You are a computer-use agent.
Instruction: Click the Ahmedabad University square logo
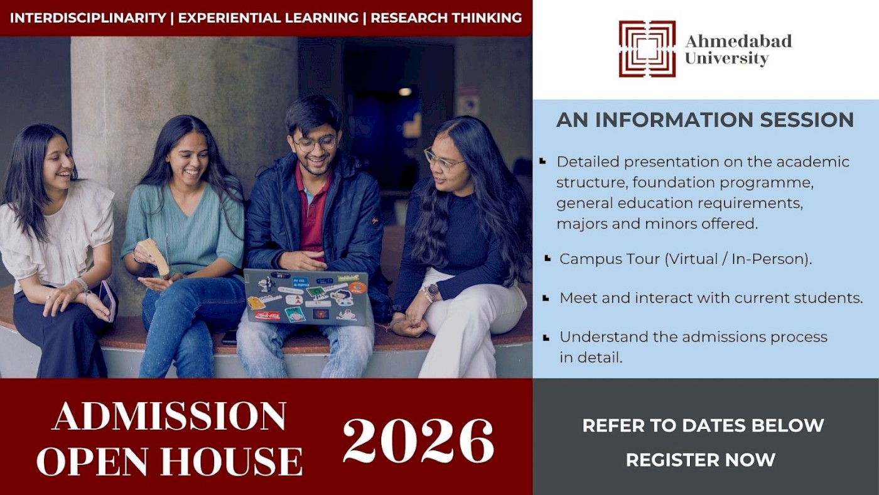647,48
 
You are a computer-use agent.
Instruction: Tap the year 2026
418,440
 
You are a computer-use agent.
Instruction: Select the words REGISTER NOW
701,460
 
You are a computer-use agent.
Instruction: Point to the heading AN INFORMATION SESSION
705,119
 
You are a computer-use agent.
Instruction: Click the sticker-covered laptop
306,297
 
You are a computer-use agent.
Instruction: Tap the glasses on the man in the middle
315,143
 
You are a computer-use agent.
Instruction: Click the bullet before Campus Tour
547,258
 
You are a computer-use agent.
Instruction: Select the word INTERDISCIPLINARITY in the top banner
89,18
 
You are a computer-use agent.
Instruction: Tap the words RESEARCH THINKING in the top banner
446,18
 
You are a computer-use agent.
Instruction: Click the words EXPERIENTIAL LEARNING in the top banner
268,18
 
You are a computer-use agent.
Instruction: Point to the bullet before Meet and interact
546,298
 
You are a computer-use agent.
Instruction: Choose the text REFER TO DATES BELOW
703,425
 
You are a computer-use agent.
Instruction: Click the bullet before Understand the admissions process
546,337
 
